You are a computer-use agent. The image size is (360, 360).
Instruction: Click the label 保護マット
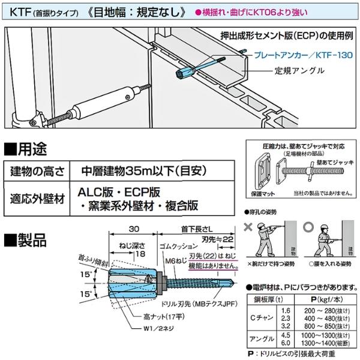258,194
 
